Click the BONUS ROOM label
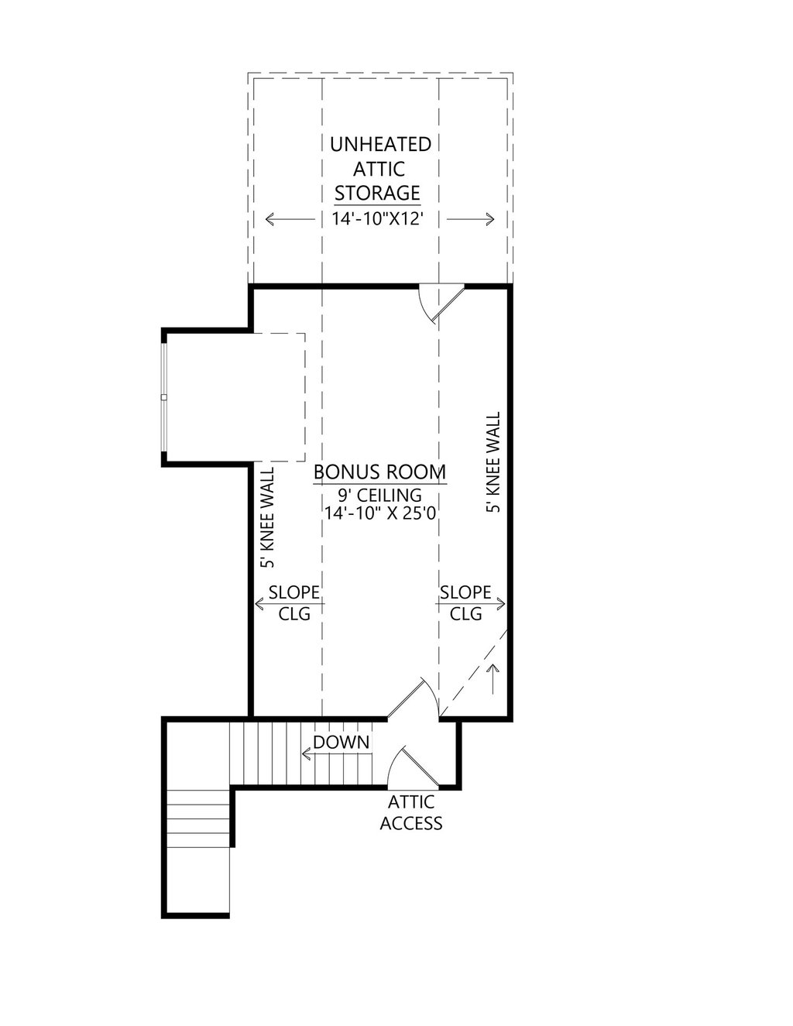pyautogui.click(x=379, y=472)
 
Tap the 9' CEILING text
pyautogui.click(x=379, y=494)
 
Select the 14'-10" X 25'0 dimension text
pyautogui.click(x=379, y=512)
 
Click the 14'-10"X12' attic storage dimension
pyautogui.click(x=379, y=218)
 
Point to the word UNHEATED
pyautogui.click(x=380, y=144)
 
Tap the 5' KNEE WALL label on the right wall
pyautogui.click(x=493, y=462)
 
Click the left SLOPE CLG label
pyautogui.click(x=294, y=602)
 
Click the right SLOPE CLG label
pyautogui.click(x=465, y=602)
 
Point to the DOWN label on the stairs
pyautogui.click(x=341, y=742)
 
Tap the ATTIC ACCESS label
pyautogui.click(x=410, y=812)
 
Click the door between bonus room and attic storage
pyautogui.click(x=438, y=302)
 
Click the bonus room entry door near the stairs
pyautogui.click(x=413, y=699)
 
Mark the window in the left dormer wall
pyautogui.click(x=164, y=396)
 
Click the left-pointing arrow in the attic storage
pyautogui.click(x=280, y=219)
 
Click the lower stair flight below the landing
pyautogui.click(x=197, y=821)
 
